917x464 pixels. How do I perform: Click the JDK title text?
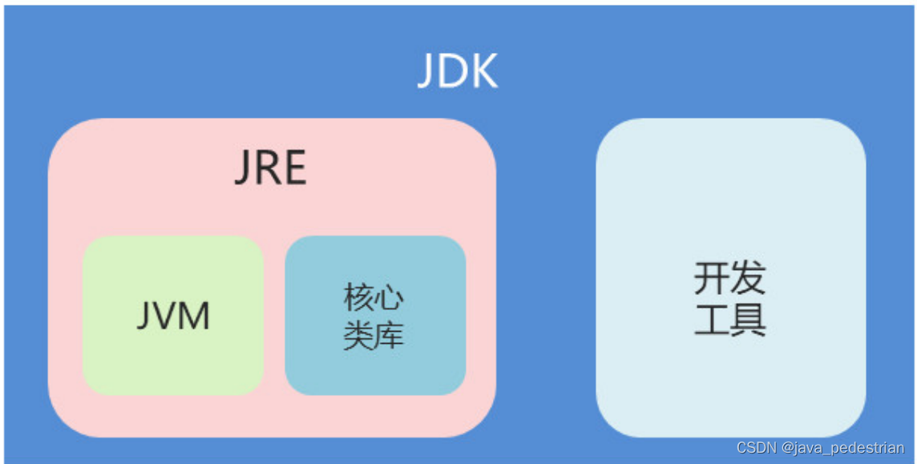click(x=458, y=72)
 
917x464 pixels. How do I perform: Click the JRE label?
click(x=270, y=168)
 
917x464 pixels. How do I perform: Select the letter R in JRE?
click(x=269, y=168)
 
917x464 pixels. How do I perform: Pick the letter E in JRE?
click(x=294, y=168)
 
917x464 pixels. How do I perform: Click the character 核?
click(x=359, y=298)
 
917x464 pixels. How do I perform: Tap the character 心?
click(x=390, y=298)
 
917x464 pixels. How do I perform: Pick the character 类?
click(x=359, y=335)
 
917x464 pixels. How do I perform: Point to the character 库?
click(x=390, y=335)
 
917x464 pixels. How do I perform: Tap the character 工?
click(x=711, y=318)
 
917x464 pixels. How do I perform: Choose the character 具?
click(x=749, y=318)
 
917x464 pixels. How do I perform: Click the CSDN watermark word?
click(x=757, y=448)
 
